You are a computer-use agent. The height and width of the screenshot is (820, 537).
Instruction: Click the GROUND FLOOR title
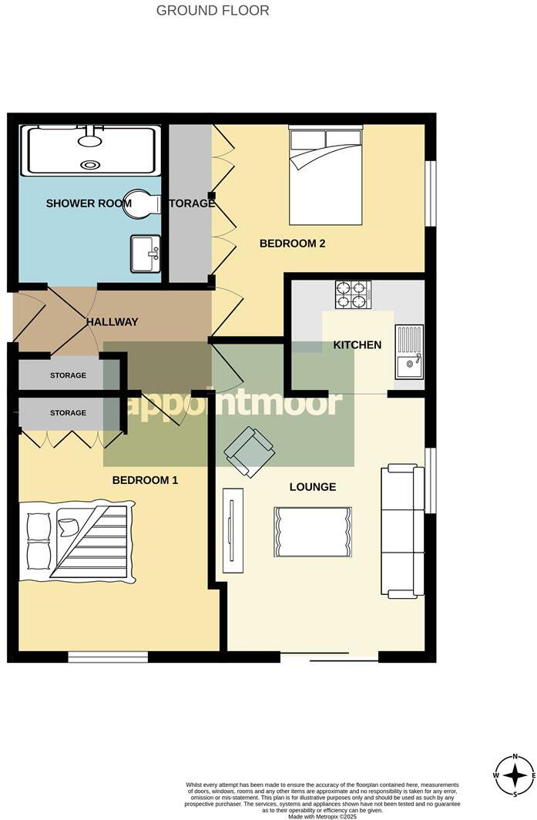click(213, 11)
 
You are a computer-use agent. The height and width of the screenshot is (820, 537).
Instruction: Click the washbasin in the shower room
click(146, 254)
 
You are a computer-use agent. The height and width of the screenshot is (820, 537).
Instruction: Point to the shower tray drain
click(91, 164)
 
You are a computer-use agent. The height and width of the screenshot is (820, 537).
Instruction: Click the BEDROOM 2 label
click(292, 244)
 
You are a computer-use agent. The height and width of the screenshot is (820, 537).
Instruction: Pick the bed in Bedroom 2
click(325, 176)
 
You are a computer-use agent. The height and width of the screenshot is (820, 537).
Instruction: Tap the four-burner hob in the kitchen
click(353, 294)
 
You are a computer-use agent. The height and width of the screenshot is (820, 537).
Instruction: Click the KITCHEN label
click(357, 344)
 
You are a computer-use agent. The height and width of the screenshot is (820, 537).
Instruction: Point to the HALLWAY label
click(112, 321)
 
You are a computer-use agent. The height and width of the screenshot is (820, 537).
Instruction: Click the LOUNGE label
click(313, 487)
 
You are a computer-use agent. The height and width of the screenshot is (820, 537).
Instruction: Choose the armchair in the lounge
click(250, 452)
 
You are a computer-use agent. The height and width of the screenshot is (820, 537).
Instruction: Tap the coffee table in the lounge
click(312, 532)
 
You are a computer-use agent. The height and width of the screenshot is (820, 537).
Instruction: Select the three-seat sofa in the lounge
click(402, 531)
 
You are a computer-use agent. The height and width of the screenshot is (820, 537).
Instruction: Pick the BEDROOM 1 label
click(145, 480)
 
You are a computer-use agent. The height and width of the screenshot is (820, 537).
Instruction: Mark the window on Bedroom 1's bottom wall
click(108, 657)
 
